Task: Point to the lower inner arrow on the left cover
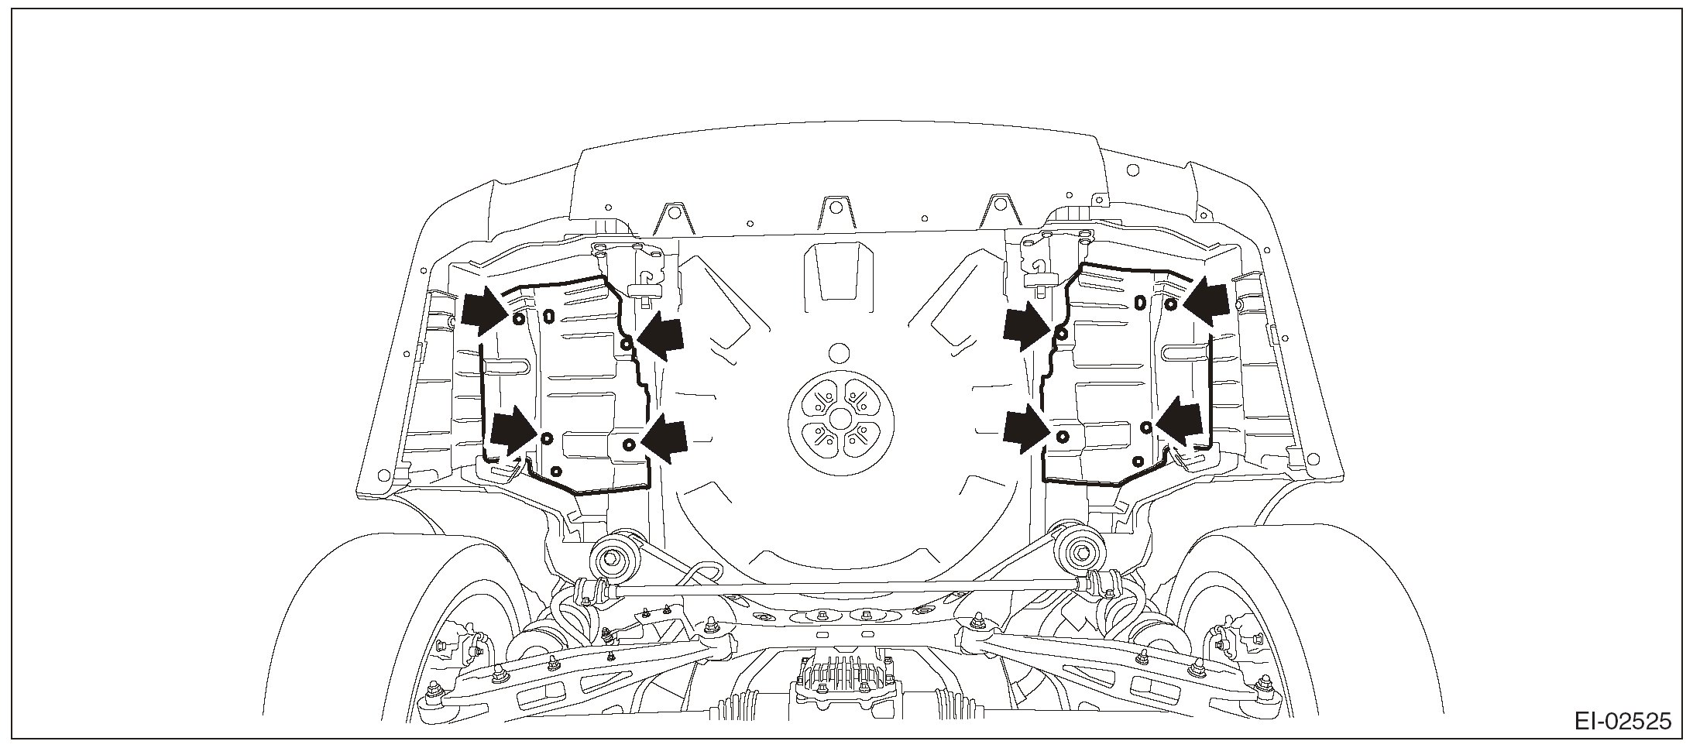(x=665, y=438)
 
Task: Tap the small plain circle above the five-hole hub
(x=837, y=353)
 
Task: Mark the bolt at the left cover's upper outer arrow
(x=519, y=319)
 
